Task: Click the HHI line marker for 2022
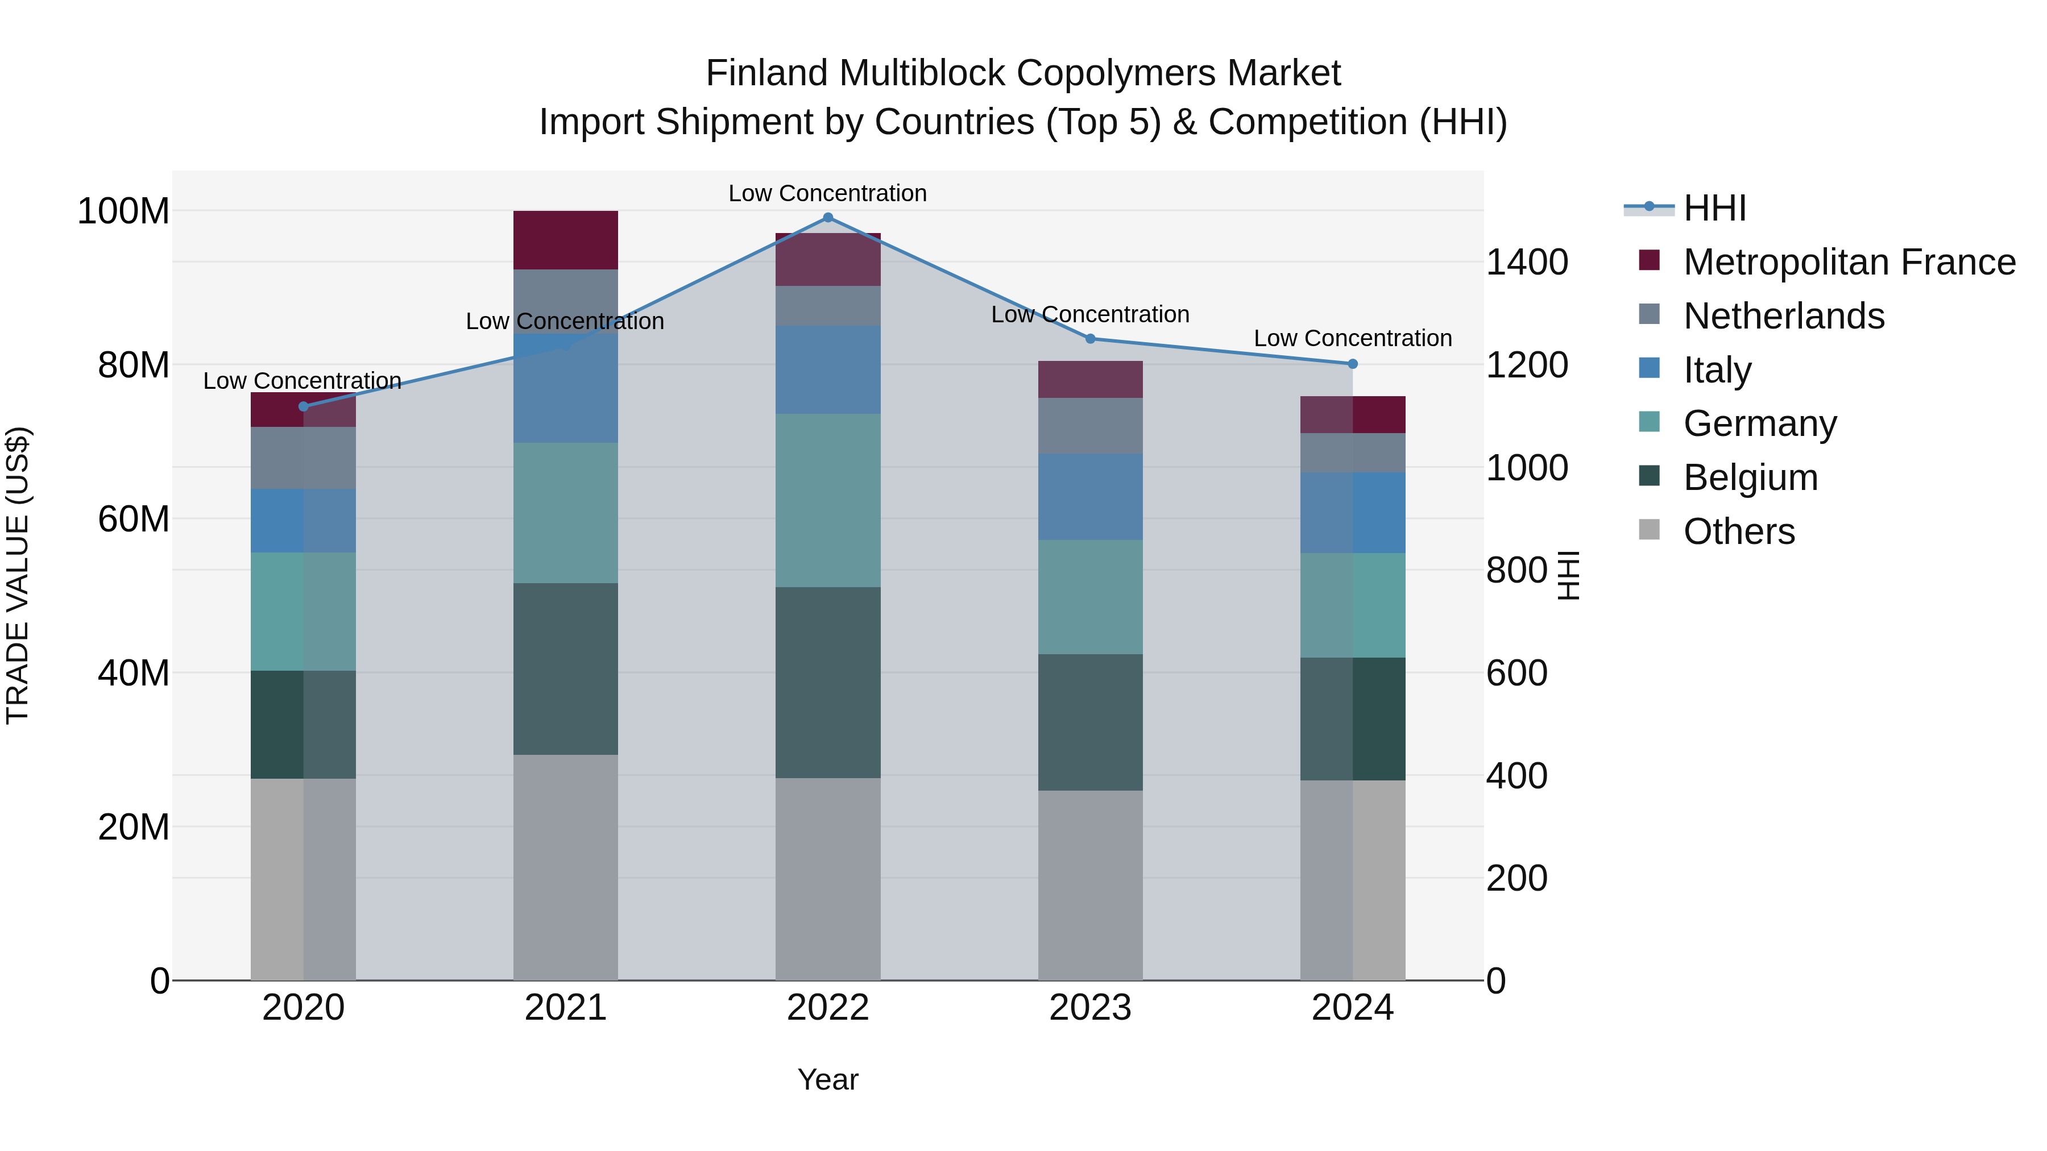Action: [x=827, y=218]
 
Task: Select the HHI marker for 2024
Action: [x=1353, y=364]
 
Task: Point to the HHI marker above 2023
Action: [x=1090, y=339]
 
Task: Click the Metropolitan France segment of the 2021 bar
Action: [x=565, y=240]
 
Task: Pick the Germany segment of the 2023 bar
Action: [x=1090, y=597]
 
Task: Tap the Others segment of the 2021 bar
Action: [x=565, y=867]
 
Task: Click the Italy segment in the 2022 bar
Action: [x=827, y=369]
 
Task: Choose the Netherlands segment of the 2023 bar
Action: [x=1090, y=426]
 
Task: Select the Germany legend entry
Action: [x=1759, y=423]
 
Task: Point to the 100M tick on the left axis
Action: [x=123, y=212]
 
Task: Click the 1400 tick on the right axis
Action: [x=1527, y=263]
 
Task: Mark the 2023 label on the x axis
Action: [x=1090, y=1008]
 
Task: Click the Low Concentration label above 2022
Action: [x=827, y=194]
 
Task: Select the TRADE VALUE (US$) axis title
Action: [x=18, y=575]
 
